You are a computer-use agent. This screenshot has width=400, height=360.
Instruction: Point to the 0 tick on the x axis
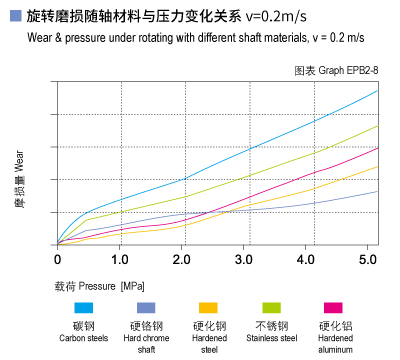coord(57,259)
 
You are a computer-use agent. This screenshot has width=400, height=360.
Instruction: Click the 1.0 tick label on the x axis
coord(119,259)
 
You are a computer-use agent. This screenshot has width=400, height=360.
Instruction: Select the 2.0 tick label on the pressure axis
coord(181,259)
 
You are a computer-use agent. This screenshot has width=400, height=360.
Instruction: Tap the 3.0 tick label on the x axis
coord(243,259)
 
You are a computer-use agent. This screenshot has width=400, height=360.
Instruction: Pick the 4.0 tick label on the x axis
coord(305,259)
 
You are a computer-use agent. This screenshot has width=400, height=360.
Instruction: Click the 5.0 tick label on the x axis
coord(367,259)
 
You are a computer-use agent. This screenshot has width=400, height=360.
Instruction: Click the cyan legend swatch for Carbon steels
coord(84,308)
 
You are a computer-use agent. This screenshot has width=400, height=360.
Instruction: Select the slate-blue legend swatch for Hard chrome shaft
coord(147,308)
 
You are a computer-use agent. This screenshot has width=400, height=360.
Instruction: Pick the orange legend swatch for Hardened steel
coord(210,308)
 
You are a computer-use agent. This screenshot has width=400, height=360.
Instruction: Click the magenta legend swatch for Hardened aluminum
coord(333,308)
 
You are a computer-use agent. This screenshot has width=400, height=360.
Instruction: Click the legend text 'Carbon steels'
coord(84,338)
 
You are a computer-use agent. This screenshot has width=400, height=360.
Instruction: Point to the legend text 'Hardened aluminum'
coord(334,343)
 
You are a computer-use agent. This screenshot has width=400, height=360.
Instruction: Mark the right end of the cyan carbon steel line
coord(378,90)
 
